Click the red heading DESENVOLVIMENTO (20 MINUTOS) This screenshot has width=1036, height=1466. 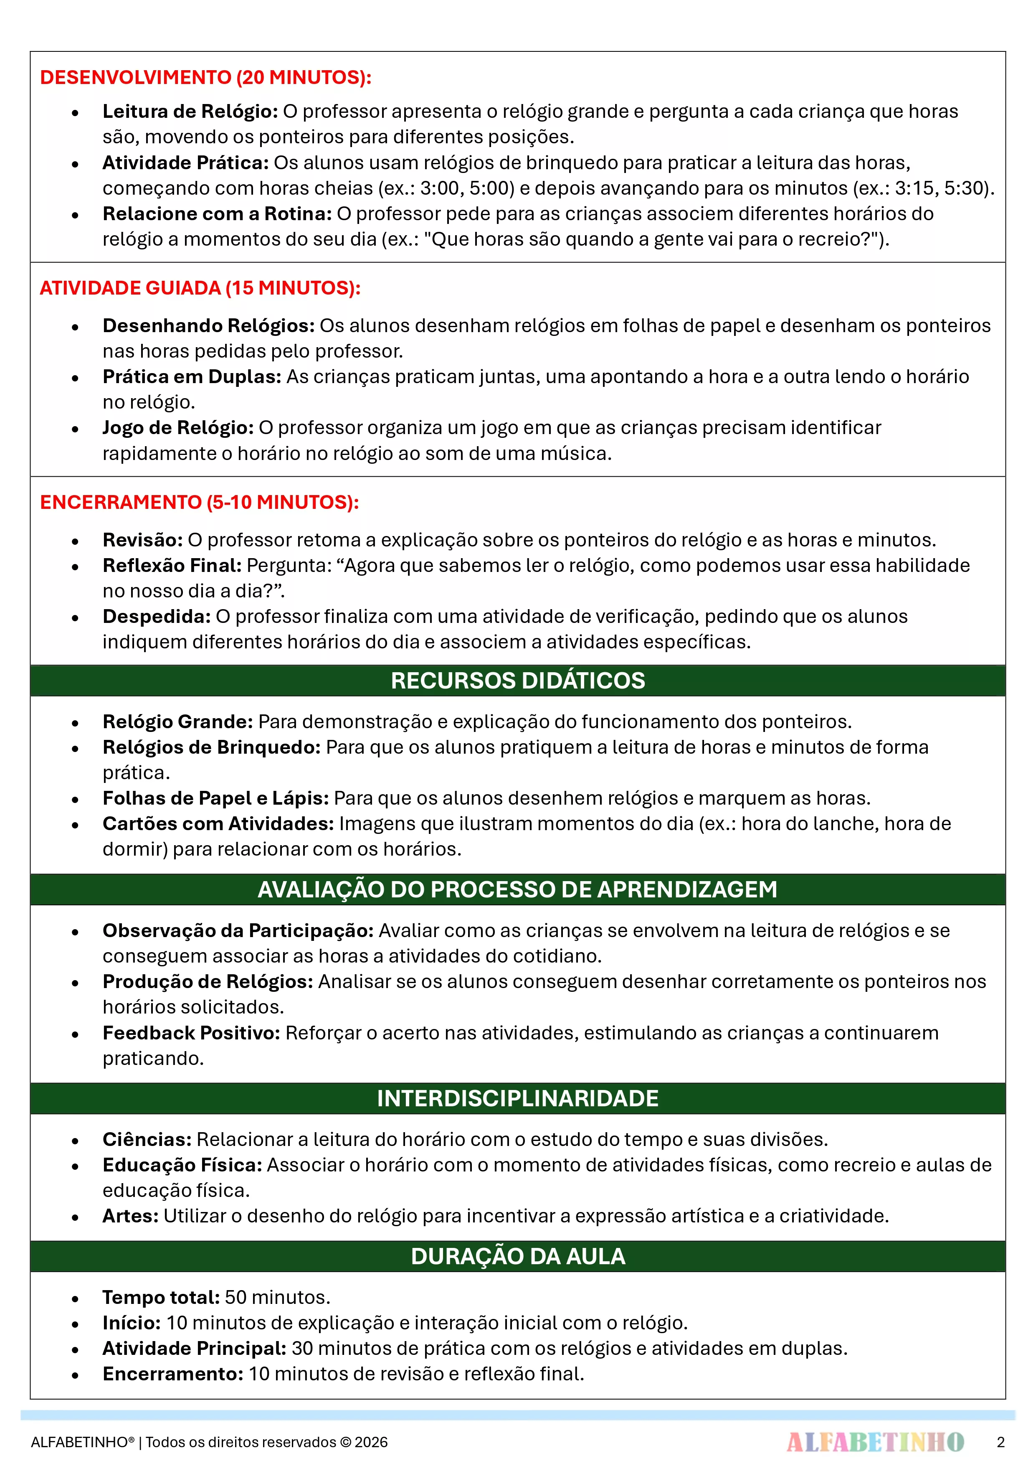[205, 77]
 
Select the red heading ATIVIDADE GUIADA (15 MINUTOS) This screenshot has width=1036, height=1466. [200, 288]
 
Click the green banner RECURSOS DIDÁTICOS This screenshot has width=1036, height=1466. [518, 681]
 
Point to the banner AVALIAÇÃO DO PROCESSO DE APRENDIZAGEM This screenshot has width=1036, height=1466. [518, 889]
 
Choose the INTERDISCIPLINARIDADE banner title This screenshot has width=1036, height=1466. [518, 1098]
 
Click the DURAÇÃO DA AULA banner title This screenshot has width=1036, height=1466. [518, 1256]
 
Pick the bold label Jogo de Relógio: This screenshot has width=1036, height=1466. [178, 428]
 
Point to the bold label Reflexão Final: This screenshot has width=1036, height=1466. [172, 566]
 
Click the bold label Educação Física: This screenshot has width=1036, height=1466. [182, 1165]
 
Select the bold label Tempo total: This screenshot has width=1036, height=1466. [161, 1298]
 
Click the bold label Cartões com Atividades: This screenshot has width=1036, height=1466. [218, 824]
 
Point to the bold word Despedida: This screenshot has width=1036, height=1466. [157, 617]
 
